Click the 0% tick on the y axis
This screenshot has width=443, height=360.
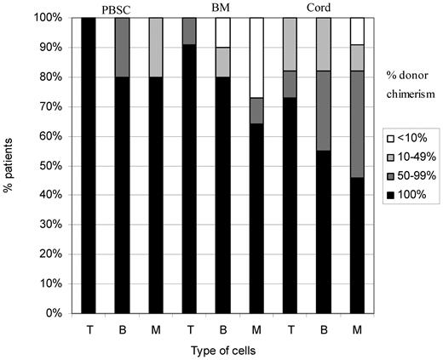point(49,313)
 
